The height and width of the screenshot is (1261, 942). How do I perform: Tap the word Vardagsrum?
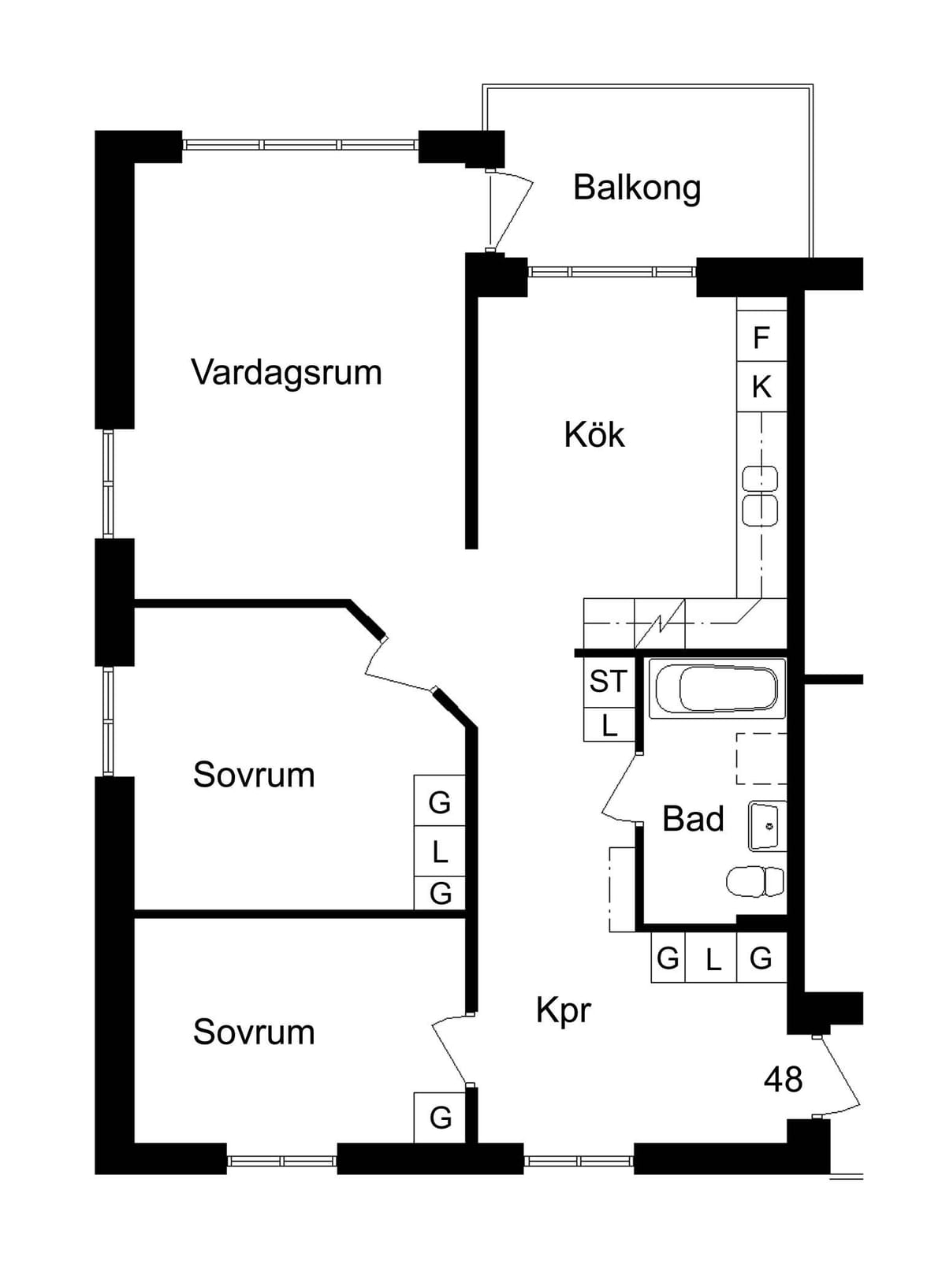pos(287,372)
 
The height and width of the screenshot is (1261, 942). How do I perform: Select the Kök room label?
pos(594,434)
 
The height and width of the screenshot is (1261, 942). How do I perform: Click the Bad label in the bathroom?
pos(693,819)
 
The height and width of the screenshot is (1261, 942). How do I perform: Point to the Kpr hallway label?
pos(563,1010)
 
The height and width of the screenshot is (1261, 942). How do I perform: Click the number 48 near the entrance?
pos(783,1079)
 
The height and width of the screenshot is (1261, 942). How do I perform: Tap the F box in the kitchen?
pos(761,337)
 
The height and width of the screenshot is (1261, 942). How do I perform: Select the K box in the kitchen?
pos(761,387)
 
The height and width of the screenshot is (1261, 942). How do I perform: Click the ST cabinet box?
pos(609,682)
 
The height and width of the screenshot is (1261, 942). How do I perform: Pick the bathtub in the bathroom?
pos(717,688)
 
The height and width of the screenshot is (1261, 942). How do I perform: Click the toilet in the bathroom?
pos(754,882)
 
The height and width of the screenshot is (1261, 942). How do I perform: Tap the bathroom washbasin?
pos(767,825)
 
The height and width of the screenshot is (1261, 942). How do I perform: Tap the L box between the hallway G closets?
pos(710,957)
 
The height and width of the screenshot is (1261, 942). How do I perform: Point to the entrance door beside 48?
pos(838,1076)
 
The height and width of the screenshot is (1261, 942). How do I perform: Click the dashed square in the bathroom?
pos(761,759)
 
